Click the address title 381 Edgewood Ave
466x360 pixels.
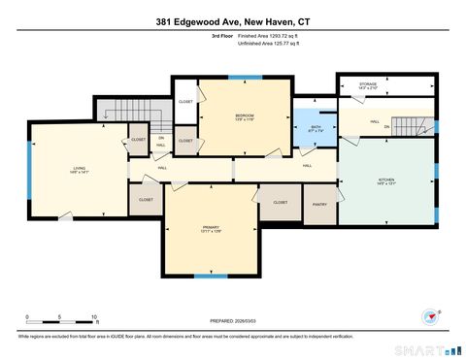(x=232, y=21)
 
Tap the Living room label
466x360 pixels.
(x=79, y=171)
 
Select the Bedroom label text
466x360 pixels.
(x=244, y=117)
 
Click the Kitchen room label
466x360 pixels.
(x=386, y=182)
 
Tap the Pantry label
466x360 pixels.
(x=319, y=206)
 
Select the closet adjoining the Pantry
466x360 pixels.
(x=280, y=203)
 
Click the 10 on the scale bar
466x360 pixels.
(x=94, y=318)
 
